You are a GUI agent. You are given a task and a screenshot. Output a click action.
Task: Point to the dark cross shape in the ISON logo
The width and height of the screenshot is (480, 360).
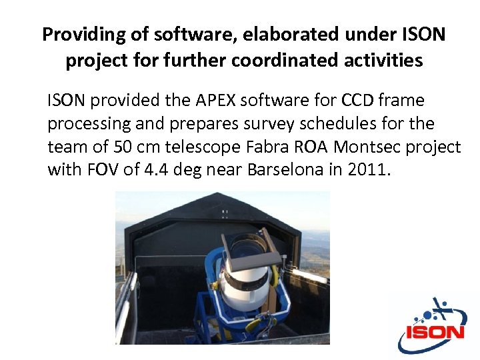point(441,310)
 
